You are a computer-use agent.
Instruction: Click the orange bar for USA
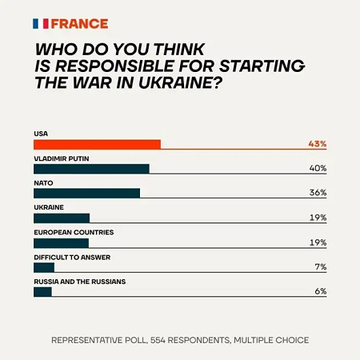(97, 144)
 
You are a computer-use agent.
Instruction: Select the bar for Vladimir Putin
(91, 169)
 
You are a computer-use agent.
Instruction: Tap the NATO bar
(86, 193)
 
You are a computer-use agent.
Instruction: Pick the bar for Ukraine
(62, 218)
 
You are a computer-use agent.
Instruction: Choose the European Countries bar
(61, 242)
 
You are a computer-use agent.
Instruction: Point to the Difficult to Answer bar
(44, 267)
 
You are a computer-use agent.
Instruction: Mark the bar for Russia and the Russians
(42, 292)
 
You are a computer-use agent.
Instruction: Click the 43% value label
(317, 144)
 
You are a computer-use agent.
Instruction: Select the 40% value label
(318, 169)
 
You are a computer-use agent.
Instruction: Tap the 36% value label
(318, 193)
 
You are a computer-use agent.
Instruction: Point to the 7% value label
(320, 267)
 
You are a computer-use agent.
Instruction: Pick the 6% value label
(320, 292)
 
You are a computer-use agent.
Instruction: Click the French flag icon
(42, 23)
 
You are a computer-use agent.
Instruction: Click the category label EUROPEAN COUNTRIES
(74, 232)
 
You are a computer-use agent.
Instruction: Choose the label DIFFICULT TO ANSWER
(71, 257)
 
